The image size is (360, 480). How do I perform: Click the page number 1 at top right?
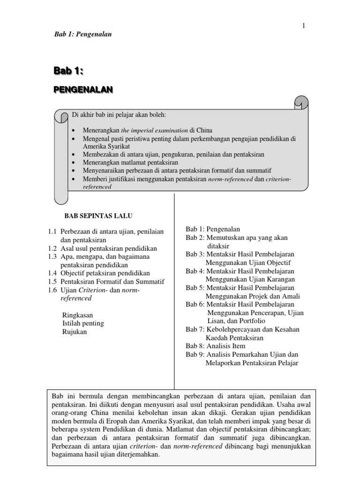[x=304, y=26]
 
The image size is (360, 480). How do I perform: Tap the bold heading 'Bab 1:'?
[x=68, y=71]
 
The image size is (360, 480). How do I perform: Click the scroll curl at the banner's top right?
[x=300, y=103]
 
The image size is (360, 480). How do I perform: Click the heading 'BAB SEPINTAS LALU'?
[x=98, y=216]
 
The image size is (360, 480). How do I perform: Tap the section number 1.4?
[x=52, y=273]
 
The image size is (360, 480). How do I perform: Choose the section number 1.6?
[x=52, y=290]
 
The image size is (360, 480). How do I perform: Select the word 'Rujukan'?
[x=75, y=332]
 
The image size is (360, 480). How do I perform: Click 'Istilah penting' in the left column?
[x=83, y=323]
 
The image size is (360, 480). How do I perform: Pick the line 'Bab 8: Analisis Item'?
[x=215, y=346]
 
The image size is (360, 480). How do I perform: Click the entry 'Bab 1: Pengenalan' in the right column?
[x=213, y=229]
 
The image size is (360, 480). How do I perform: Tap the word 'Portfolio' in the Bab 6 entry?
[x=252, y=321]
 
